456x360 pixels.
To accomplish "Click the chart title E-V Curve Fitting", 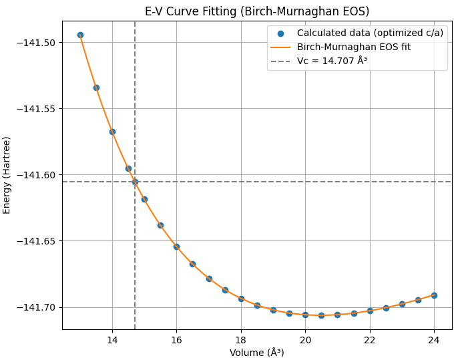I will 257,11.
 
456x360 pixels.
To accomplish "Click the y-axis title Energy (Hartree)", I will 7,175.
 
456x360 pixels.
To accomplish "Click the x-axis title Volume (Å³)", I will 257,353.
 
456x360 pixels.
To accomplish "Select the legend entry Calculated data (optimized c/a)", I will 370,33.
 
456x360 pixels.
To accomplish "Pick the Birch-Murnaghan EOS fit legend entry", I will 354,47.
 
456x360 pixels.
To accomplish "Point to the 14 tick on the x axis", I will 112,339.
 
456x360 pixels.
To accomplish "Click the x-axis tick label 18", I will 241,339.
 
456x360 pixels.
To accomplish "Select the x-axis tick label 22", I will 370,339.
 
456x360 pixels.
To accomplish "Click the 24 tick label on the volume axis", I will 434,339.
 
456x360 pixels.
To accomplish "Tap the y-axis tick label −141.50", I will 36,43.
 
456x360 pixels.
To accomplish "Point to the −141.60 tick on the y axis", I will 36,175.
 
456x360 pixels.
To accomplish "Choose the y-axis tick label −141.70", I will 36,307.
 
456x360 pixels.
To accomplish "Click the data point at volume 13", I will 80,35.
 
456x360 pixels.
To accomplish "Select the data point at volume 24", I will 434,295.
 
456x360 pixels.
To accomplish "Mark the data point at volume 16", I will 176,246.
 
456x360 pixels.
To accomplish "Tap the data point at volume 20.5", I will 321,315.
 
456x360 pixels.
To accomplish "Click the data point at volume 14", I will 112,132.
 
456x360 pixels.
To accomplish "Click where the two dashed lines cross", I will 135,182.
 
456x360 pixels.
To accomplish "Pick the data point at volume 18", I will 241,299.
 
